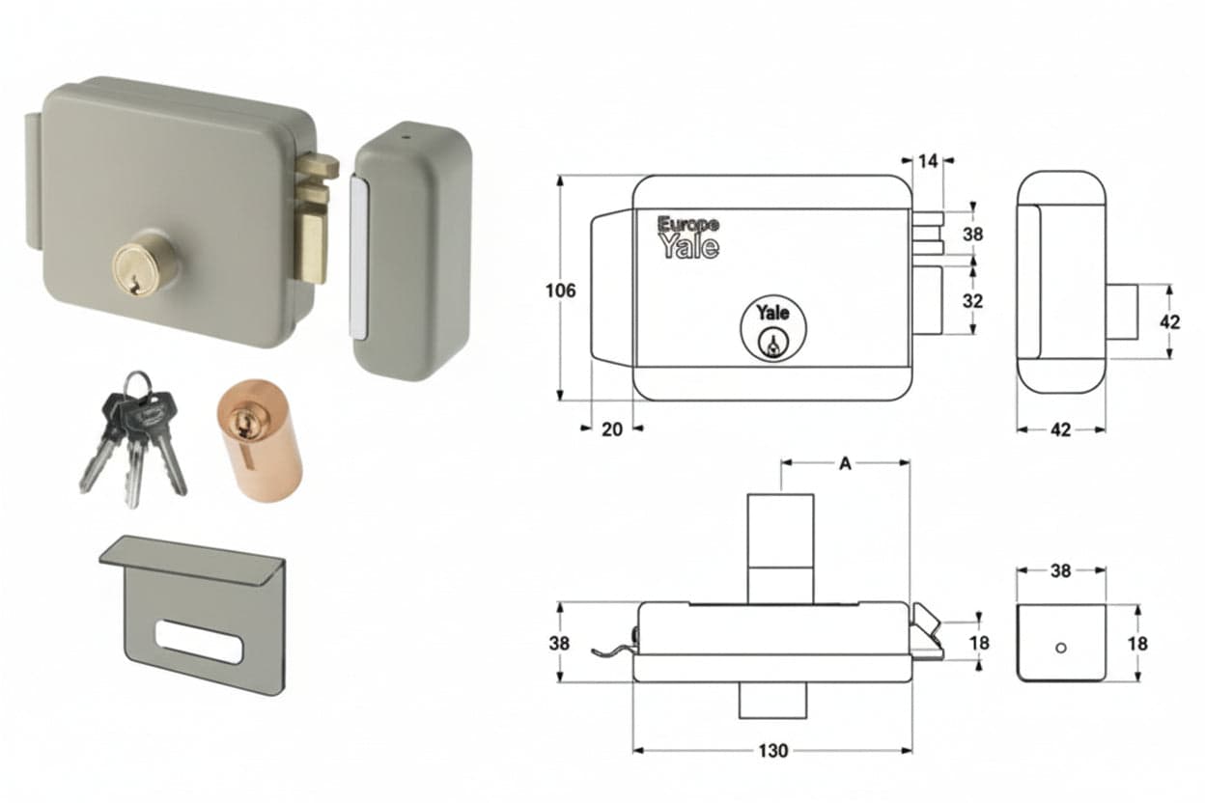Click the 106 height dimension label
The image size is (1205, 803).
[561, 291]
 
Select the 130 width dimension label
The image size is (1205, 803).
[773, 750]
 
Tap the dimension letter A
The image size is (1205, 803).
[845, 463]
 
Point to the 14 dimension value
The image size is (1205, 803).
[928, 161]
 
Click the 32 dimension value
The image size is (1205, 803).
[972, 301]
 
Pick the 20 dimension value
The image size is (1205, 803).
[612, 429]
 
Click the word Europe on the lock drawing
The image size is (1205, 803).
[688, 224]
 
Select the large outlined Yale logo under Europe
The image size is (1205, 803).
[689, 246]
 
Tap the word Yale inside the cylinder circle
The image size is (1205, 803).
[773, 313]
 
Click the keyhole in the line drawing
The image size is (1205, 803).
[772, 343]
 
